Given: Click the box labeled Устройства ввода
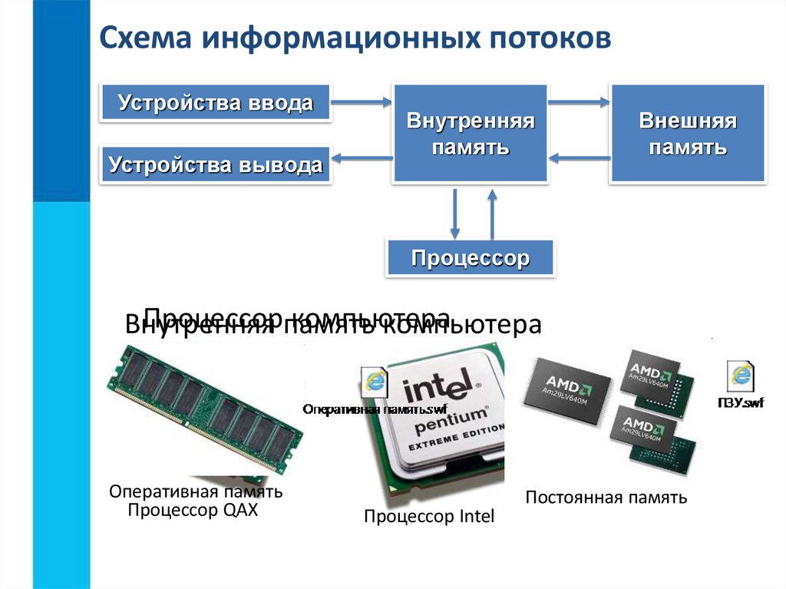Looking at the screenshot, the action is pyautogui.click(x=215, y=103).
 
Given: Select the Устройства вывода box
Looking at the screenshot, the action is pyautogui.click(x=215, y=164).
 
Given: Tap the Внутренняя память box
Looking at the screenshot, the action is pyautogui.click(x=470, y=134).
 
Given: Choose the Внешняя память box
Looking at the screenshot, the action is pyautogui.click(x=687, y=134).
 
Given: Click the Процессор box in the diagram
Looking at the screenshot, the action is pyautogui.click(x=470, y=258).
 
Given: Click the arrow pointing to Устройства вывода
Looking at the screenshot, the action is pyautogui.click(x=362, y=159).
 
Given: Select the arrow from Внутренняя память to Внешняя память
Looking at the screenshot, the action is pyautogui.click(x=578, y=101).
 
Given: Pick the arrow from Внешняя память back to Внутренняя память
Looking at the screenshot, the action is pyautogui.click(x=580, y=159).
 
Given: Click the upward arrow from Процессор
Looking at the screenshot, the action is pyautogui.click(x=492, y=215).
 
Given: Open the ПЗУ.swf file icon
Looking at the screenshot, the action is pyautogui.click(x=741, y=378).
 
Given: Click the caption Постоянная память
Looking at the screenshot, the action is pyautogui.click(x=606, y=498).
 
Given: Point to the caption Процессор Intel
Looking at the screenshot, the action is pyautogui.click(x=429, y=517).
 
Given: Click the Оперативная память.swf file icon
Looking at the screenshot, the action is pyautogui.click(x=375, y=382).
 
